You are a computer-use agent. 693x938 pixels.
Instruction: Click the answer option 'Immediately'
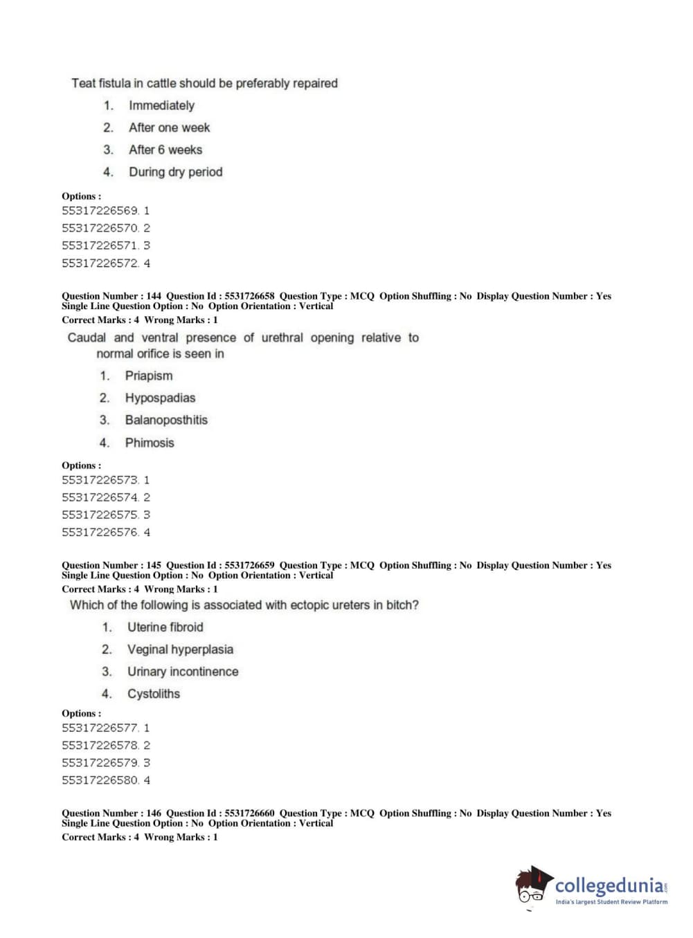[161, 105]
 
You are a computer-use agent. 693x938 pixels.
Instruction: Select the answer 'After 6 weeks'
[165, 149]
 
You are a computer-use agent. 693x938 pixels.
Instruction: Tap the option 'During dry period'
[175, 172]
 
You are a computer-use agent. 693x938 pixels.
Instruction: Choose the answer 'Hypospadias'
[160, 398]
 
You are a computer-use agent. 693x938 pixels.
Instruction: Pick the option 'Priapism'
[149, 376]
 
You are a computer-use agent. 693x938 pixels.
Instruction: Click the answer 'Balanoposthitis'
[166, 420]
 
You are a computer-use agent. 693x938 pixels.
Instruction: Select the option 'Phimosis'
[150, 443]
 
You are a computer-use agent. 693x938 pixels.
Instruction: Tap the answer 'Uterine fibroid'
[165, 627]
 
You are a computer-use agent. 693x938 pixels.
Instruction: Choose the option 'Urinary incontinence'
[183, 671]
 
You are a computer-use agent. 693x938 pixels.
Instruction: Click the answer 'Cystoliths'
[153, 694]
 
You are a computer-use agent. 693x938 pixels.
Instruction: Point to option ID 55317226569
[100, 210]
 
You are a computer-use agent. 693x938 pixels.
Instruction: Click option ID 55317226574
[100, 497]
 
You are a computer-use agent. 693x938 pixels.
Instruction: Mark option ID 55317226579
[100, 763]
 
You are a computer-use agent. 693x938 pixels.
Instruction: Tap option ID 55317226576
[100, 533]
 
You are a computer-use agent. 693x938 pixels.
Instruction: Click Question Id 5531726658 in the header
[249, 296]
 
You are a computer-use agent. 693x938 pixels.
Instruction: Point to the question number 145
[154, 565]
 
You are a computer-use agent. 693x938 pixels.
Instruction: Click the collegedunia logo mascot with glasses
[532, 885]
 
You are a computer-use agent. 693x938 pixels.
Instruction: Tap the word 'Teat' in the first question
[83, 83]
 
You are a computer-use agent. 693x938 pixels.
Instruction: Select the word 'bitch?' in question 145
[402, 605]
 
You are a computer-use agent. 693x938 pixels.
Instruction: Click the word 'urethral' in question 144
[282, 338]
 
